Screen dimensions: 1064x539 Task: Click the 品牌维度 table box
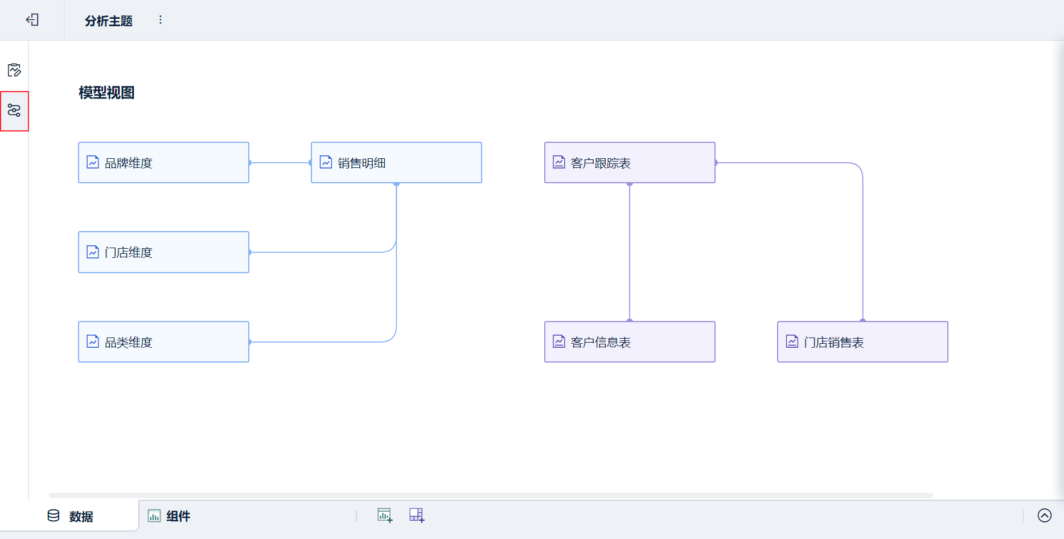point(163,163)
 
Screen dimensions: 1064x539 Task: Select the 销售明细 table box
point(396,163)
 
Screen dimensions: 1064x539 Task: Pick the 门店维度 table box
point(163,252)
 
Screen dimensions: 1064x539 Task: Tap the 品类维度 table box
point(163,342)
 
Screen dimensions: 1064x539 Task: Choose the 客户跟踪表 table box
point(630,163)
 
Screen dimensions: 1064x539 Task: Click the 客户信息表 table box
point(630,342)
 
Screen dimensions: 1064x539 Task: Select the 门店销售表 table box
point(862,342)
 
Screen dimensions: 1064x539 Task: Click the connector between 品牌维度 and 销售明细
point(280,163)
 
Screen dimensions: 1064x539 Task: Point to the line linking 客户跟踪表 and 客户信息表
point(630,252)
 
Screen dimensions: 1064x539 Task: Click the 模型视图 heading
point(106,93)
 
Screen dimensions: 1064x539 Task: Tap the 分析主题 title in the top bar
point(109,21)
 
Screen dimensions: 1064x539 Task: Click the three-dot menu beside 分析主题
point(161,20)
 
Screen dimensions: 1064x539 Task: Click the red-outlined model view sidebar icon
point(14,110)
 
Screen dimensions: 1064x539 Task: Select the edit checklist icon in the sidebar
point(14,70)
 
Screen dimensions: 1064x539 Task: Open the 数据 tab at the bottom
point(70,516)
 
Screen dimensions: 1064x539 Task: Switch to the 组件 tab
point(169,516)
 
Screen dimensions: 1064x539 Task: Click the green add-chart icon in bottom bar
point(385,515)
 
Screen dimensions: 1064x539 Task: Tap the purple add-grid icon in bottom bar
point(417,515)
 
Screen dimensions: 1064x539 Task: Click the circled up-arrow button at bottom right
point(1045,515)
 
